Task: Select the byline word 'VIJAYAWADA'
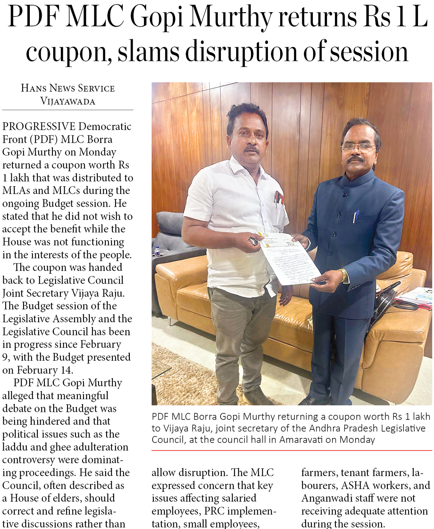coord(68,101)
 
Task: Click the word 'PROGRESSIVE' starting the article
coord(39,126)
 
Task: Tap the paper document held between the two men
coord(288,258)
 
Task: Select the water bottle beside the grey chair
coord(157,250)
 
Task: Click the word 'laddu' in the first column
coord(14,447)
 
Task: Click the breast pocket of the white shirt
coord(278,200)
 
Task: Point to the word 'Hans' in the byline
coord(34,88)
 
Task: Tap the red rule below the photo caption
coord(292,450)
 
